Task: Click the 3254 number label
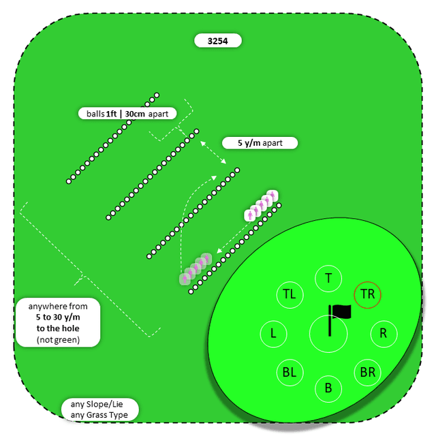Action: pyautogui.click(x=218, y=41)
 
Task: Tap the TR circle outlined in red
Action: pyautogui.click(x=368, y=295)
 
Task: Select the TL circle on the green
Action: pyautogui.click(x=290, y=295)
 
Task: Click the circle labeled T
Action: pyautogui.click(x=328, y=278)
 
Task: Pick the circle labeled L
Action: pyautogui.click(x=273, y=334)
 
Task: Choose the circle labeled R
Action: pyautogui.click(x=384, y=334)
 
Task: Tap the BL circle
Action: pyautogui.click(x=290, y=373)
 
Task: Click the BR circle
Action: pyautogui.click(x=368, y=373)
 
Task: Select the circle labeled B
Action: pyautogui.click(x=328, y=388)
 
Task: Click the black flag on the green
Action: pyautogui.click(x=341, y=312)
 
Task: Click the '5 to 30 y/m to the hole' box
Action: pyautogui.click(x=59, y=322)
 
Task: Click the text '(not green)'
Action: pyautogui.click(x=59, y=339)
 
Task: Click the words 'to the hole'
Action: pyautogui.click(x=59, y=328)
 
